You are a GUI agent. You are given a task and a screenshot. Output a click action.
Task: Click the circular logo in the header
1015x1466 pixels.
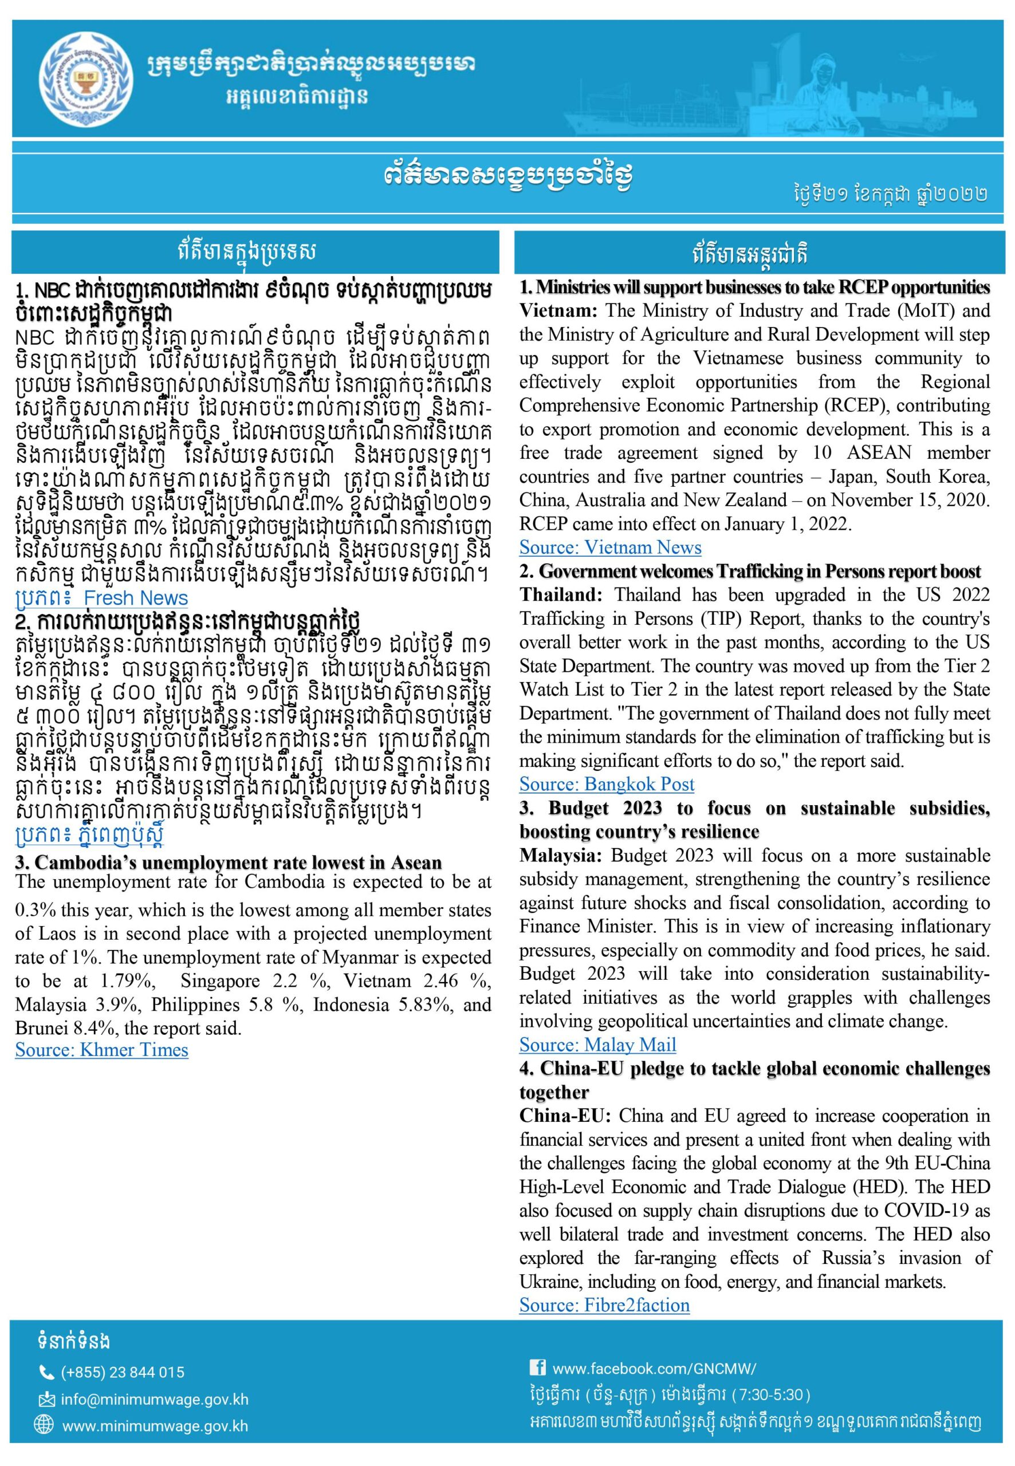pos(87,78)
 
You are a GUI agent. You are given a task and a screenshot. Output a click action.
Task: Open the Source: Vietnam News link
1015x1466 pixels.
pos(610,547)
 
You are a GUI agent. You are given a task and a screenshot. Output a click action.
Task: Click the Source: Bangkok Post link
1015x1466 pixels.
pos(606,784)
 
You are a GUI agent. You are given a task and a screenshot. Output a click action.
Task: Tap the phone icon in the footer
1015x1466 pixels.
pos(46,1373)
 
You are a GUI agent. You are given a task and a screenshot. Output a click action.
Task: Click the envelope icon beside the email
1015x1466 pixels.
pos(46,1399)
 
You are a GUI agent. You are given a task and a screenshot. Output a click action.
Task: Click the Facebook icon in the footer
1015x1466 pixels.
pos(537,1367)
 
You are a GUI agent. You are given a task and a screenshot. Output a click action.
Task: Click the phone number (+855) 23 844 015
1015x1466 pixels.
pos(123,1373)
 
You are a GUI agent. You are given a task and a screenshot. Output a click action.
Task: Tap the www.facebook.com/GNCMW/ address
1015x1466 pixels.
pos(654,1368)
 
